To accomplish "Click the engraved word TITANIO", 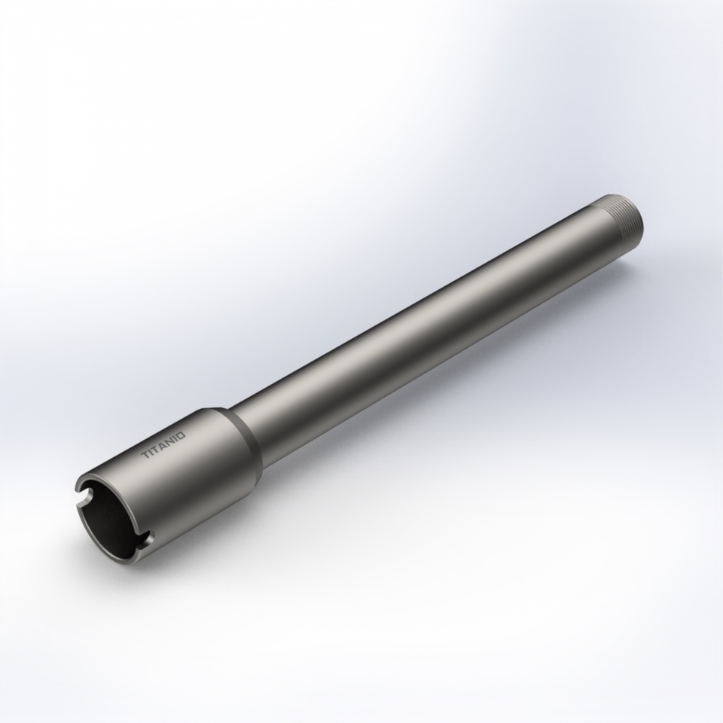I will tap(163, 444).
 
